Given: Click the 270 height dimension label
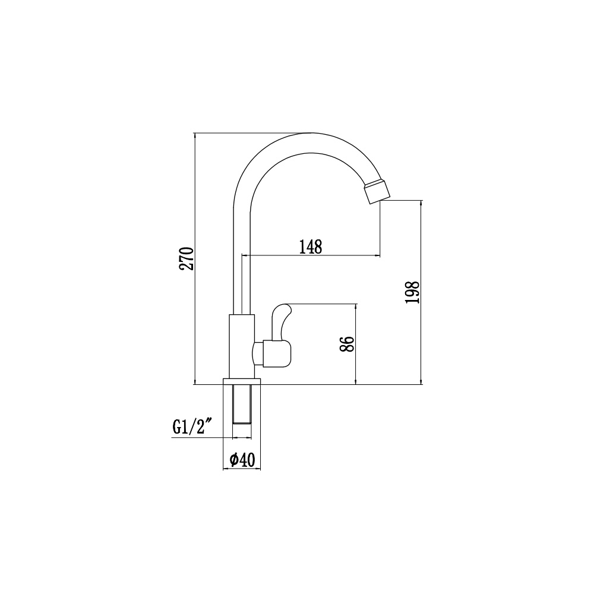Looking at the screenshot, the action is [x=188, y=258].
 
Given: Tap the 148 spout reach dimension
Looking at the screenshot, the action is [x=311, y=247].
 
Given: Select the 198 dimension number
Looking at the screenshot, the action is [x=413, y=292].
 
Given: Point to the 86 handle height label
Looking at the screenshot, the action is [x=347, y=344].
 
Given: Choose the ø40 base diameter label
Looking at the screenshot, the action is [x=242, y=460].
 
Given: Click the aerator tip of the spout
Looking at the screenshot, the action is [x=377, y=192].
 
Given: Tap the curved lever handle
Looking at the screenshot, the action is [x=282, y=322].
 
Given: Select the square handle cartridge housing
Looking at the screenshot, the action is [x=277, y=354].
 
